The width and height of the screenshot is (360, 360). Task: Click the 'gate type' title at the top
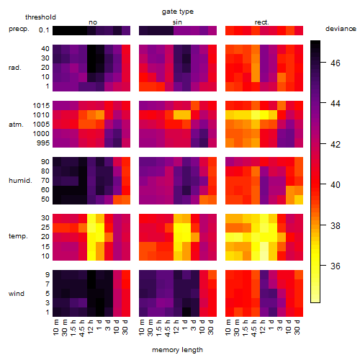point(178,12)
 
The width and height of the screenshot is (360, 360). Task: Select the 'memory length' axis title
point(177,350)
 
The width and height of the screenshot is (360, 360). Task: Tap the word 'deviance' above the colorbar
point(341,29)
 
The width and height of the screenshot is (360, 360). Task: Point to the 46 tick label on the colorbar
point(336,63)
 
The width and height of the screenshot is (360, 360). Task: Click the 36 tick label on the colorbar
point(336,266)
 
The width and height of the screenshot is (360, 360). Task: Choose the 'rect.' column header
point(261,22)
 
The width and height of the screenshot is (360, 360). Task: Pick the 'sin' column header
point(177,22)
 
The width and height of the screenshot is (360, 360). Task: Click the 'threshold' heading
point(40,17)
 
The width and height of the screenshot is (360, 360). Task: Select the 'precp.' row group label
point(19,29)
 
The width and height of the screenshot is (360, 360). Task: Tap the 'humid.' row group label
point(20,180)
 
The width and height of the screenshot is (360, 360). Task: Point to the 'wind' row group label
point(17,294)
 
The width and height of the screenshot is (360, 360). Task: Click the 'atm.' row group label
point(16,125)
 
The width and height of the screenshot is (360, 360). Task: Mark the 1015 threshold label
point(41,106)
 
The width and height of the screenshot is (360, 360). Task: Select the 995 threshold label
point(43,143)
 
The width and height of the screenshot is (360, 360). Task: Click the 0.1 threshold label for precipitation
point(44,30)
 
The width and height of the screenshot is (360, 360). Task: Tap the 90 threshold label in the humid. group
point(45,162)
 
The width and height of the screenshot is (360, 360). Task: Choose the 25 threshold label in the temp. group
point(45,227)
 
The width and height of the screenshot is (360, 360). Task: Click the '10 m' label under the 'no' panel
point(55,328)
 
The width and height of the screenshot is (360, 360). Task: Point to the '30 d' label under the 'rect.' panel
point(297,328)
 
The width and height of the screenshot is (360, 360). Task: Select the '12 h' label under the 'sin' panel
point(176,327)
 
